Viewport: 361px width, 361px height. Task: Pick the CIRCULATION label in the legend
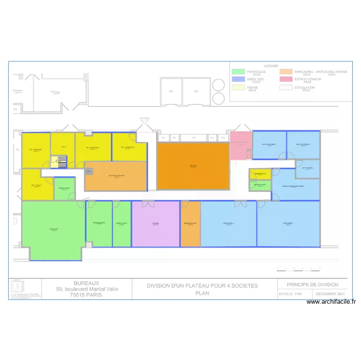305,88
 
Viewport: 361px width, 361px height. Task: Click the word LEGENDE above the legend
271,66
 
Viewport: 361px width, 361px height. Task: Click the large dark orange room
193,167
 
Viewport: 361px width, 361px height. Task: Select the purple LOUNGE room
155,224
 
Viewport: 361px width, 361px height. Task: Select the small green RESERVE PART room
260,185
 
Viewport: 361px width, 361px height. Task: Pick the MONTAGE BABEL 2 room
303,144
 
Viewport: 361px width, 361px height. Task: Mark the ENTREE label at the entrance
144,118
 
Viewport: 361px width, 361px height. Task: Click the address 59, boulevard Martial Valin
87,289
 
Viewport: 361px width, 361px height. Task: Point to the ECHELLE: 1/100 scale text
292,294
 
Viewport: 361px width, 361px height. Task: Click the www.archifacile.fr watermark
331,302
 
